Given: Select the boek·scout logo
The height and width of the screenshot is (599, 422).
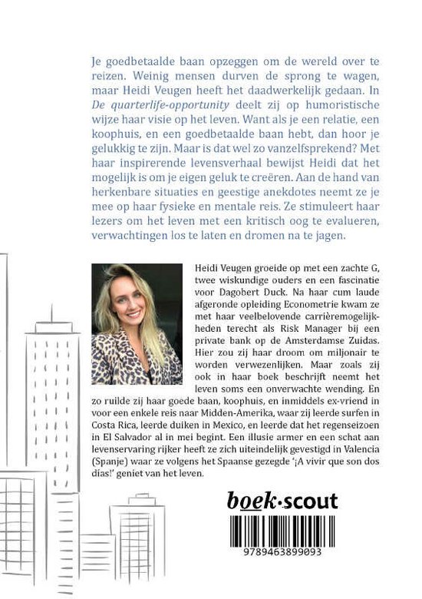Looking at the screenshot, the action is (x=282, y=503).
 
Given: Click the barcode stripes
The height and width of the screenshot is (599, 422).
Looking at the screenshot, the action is (x=282, y=532).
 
